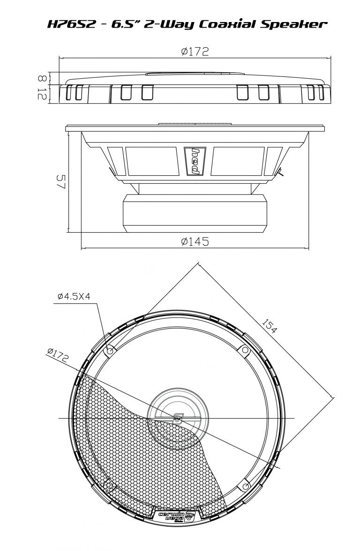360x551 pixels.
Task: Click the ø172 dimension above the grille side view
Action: (x=195, y=52)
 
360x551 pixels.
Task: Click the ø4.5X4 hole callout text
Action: (x=74, y=296)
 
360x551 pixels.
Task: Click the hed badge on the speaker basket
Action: (x=194, y=161)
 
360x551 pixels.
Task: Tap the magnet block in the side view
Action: (x=195, y=213)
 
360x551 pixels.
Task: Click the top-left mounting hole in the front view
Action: (x=110, y=351)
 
